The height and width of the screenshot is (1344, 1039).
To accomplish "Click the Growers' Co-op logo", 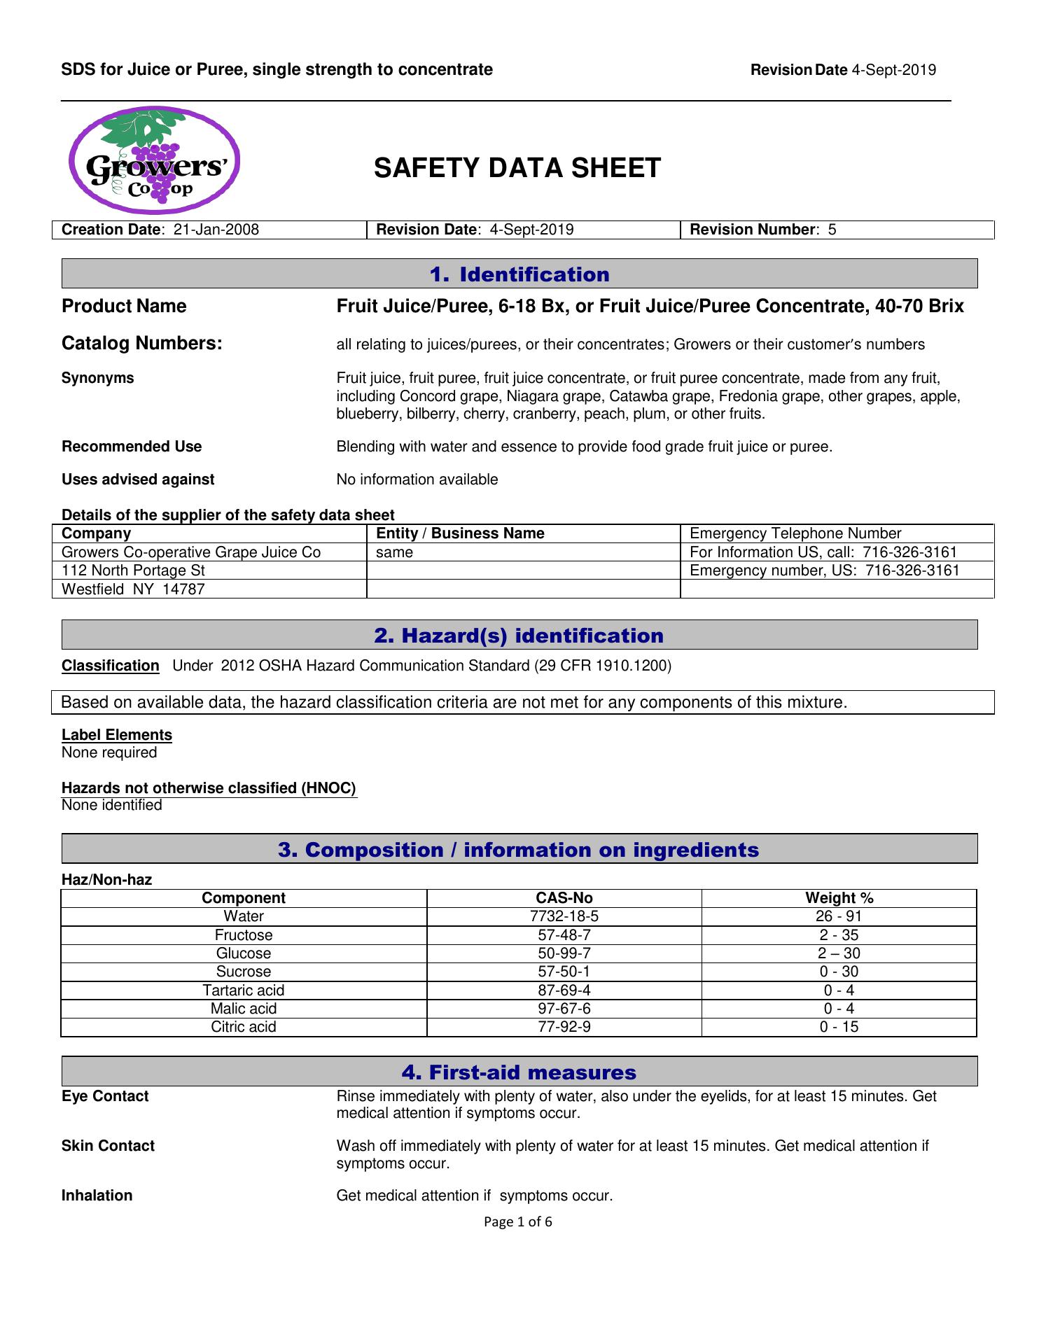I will click(x=155, y=160).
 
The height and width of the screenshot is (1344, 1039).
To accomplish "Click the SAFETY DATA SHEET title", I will click(x=517, y=168).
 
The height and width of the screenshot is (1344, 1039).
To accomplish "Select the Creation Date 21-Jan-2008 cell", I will click(x=209, y=230).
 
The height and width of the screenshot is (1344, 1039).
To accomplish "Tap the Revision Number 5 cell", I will click(x=837, y=230).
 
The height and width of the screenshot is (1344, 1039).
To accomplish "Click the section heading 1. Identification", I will click(x=519, y=274).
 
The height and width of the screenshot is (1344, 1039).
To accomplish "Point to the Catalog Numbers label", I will click(x=142, y=343).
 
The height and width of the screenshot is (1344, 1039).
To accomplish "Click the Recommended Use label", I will click(x=132, y=447).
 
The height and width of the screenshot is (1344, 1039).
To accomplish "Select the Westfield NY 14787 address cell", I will click(x=209, y=589).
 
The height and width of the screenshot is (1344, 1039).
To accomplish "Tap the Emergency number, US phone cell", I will click(x=837, y=570).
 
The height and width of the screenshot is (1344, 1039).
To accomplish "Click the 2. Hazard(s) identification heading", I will click(x=519, y=635).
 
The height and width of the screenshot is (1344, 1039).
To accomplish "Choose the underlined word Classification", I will click(x=111, y=666).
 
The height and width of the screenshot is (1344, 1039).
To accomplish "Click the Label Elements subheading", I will click(x=117, y=735).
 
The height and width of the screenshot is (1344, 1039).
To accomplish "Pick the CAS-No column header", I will click(x=564, y=898).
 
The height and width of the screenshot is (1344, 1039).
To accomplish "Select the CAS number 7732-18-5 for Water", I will click(x=564, y=916).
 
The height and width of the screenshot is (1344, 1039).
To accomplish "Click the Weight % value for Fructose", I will click(x=839, y=935).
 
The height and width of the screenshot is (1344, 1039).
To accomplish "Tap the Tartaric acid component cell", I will click(x=244, y=990).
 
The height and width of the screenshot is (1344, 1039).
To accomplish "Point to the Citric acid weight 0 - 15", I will click(x=839, y=1027).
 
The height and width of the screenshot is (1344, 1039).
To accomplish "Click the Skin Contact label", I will click(x=108, y=1146).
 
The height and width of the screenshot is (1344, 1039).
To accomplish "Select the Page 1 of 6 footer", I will click(x=518, y=1222).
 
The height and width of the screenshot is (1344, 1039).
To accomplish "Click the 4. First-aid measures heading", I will click(x=519, y=1072).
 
